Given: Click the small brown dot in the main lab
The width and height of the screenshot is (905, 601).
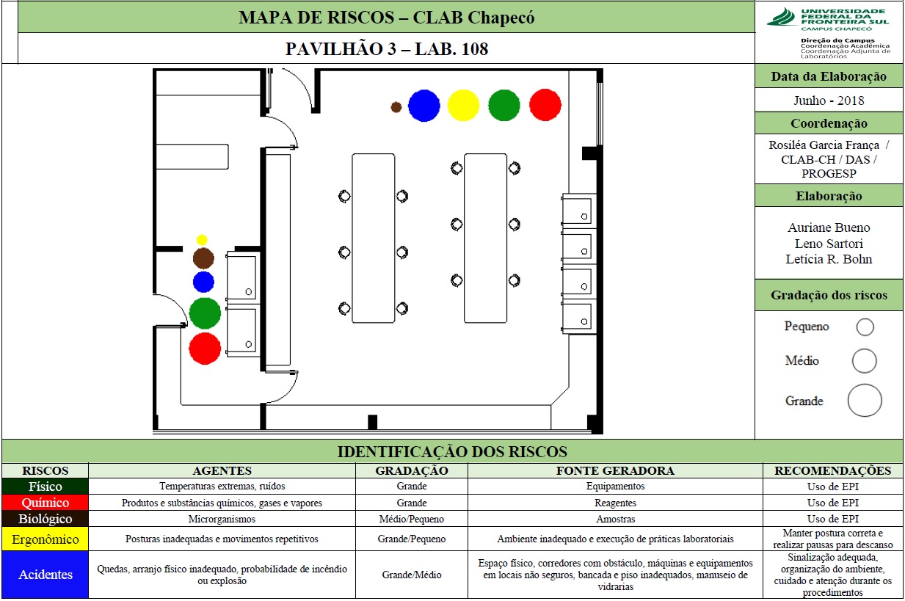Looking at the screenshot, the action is tap(396, 107).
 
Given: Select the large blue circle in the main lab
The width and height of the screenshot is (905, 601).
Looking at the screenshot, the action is tap(424, 106).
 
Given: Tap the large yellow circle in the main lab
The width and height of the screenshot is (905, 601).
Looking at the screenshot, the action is tap(463, 106).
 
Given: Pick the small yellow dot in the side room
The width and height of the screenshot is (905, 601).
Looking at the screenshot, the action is tap(202, 240).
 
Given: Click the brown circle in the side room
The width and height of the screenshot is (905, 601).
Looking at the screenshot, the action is tap(203, 258).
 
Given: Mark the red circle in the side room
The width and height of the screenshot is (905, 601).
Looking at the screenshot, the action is tap(205, 349).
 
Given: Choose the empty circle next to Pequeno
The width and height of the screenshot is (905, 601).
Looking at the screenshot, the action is tap(865, 327).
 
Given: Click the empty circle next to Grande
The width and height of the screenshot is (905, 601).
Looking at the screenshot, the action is tap(865, 400).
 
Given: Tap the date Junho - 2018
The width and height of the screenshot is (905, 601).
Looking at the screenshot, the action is tap(829, 100).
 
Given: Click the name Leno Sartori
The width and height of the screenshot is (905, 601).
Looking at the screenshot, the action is tap(829, 244).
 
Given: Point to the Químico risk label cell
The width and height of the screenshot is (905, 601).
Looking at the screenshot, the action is tap(46, 503).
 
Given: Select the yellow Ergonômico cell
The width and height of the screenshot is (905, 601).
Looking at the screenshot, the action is tap(46, 539).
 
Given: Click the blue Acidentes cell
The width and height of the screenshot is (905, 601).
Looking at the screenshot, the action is tap(46, 575).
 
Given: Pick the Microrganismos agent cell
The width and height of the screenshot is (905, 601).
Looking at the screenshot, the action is tap(222, 519).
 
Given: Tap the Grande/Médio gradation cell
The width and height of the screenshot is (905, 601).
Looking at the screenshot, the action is tap(412, 575).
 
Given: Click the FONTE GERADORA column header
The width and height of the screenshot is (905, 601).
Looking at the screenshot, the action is tap(615, 470).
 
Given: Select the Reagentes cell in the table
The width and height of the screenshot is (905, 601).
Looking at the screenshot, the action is tap(615, 503).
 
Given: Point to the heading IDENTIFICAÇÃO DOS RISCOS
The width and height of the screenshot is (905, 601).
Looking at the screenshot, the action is tap(452, 451).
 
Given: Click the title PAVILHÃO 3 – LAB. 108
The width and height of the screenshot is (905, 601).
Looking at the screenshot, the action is tap(387, 49).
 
